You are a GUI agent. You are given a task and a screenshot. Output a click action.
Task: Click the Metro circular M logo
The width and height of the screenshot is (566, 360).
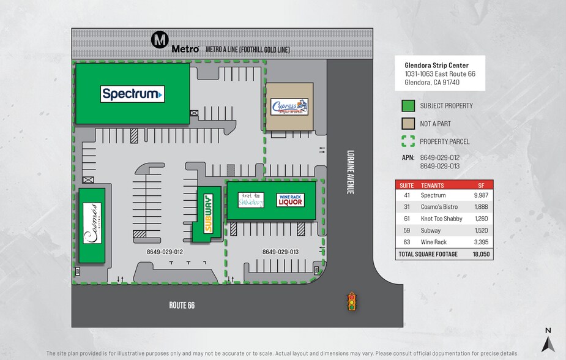(160, 41)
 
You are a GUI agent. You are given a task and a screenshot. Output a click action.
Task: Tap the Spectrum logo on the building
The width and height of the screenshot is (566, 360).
(132, 94)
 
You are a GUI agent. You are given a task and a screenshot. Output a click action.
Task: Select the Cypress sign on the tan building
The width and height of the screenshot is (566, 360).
(289, 107)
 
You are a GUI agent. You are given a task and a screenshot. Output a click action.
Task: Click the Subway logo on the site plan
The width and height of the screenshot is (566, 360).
(207, 214)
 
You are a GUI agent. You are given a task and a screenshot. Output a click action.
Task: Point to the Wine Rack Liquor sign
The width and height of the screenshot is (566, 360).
(290, 200)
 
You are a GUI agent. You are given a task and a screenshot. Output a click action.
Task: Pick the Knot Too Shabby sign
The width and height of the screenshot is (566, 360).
(250, 200)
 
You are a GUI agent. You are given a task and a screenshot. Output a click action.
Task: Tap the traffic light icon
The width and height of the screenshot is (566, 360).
(351, 301)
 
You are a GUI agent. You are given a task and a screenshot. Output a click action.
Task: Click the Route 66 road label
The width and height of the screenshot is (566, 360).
(182, 305)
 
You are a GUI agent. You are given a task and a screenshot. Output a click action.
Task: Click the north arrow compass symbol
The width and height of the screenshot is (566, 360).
(548, 340)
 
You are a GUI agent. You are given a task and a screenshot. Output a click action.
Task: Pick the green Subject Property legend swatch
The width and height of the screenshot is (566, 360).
(408, 106)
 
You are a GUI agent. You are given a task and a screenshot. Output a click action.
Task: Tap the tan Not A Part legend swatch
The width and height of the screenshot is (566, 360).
(408, 124)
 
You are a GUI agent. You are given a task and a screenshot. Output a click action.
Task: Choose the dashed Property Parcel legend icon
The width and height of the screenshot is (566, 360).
(408, 141)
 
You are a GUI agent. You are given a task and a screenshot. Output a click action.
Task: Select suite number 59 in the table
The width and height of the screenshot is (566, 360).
(407, 231)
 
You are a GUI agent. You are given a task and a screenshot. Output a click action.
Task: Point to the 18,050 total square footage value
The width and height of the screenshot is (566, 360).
(481, 254)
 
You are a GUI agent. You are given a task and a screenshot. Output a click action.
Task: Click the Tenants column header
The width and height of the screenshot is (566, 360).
(433, 185)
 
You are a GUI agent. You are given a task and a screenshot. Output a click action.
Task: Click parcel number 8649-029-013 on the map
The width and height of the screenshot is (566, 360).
(280, 252)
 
